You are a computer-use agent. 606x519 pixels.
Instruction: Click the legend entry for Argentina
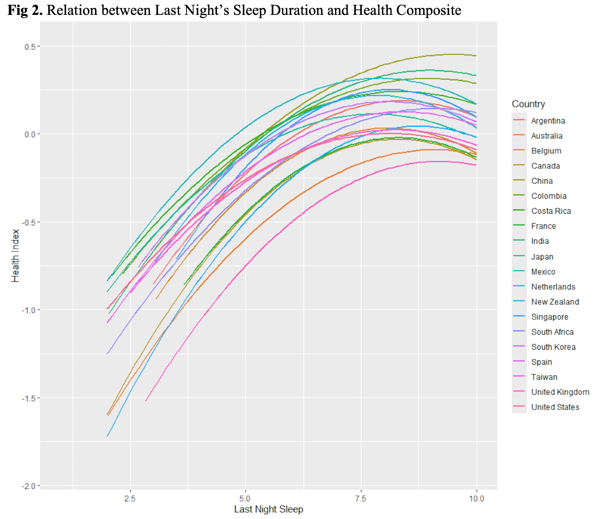pos(548,121)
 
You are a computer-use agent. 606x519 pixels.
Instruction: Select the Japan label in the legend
pos(542,257)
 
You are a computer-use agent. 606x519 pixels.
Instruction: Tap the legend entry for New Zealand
pos(555,302)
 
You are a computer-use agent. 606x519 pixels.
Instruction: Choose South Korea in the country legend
pos(553,347)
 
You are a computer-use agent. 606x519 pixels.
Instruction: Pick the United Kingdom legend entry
pos(560,392)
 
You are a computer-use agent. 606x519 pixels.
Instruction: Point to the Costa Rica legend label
pos(551,211)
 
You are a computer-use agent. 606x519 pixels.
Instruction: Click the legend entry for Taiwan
pos(544,377)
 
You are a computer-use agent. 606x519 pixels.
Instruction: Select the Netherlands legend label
pos(553,287)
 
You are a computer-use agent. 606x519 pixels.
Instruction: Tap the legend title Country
pos(528,104)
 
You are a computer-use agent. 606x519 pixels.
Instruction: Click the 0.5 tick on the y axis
pos(30,46)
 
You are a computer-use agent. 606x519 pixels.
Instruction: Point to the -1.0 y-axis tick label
pos(28,310)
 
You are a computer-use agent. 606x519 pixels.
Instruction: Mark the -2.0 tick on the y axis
pos(28,486)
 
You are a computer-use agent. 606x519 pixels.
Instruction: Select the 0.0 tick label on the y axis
pos(30,134)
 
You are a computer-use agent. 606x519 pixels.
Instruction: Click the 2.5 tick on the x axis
pos(130,499)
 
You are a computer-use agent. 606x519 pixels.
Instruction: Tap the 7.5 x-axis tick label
pos(361,499)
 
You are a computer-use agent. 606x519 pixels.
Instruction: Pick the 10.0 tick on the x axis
pos(476,499)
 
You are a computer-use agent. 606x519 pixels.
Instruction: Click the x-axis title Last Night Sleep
pos(268,509)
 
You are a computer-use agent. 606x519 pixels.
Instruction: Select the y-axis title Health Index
pos(15,256)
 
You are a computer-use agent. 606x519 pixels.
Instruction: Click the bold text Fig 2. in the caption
pos(25,10)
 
